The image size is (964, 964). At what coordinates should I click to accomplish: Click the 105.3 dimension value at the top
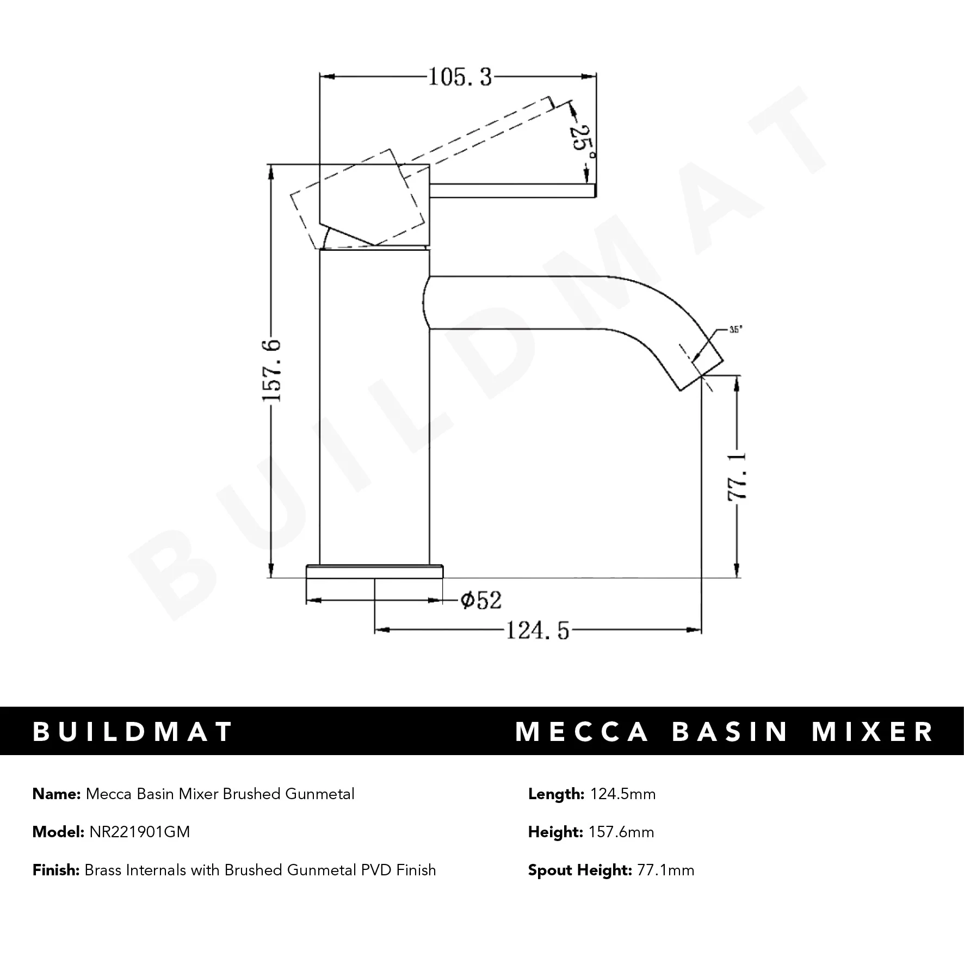click(x=460, y=77)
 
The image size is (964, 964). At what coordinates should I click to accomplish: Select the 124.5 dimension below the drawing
click(x=537, y=631)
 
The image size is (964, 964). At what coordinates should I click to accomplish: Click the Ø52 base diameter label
click(x=480, y=600)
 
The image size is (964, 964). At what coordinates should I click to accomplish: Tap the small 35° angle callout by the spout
click(x=736, y=329)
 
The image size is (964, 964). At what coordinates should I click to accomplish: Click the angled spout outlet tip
click(x=702, y=370)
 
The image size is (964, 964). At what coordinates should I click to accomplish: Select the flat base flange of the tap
click(x=374, y=571)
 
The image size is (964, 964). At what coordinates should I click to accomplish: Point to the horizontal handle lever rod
click(x=511, y=190)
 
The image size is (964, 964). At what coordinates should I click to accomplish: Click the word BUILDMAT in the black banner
click(x=133, y=731)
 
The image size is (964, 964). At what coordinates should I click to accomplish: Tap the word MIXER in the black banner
click(x=873, y=731)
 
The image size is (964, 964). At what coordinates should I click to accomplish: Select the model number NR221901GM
click(x=139, y=832)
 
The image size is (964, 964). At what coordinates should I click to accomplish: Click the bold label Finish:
click(x=56, y=870)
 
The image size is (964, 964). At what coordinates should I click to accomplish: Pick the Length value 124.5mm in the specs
click(x=622, y=794)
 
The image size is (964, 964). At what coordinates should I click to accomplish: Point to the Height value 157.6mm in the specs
click(x=621, y=832)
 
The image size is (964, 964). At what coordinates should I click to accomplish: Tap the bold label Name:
click(x=57, y=794)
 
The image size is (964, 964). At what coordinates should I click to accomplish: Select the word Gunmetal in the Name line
click(x=319, y=794)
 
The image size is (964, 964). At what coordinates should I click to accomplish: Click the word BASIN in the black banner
click(x=730, y=731)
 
